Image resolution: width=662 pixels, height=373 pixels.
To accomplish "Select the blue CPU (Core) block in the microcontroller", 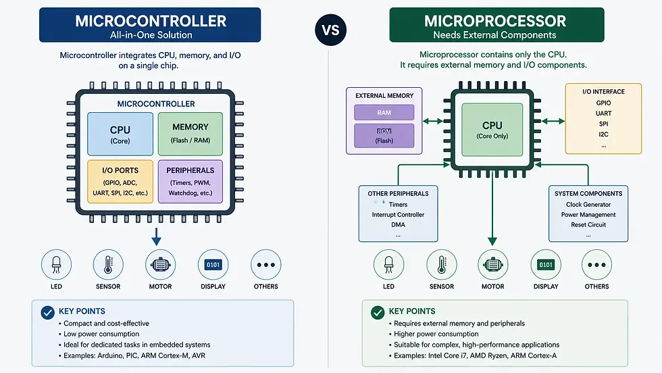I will (x=120, y=134).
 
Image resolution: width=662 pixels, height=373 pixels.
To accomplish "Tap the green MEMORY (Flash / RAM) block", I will (x=190, y=134).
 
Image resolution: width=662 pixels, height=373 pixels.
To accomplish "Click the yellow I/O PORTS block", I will (x=120, y=181).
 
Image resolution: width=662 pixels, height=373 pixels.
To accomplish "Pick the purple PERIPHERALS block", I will (x=190, y=181).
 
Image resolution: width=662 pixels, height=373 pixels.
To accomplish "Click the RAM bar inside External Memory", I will (x=384, y=113).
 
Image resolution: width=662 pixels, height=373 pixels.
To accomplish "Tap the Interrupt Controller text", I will (x=398, y=215).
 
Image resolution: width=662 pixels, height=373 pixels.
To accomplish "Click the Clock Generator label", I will (x=588, y=205).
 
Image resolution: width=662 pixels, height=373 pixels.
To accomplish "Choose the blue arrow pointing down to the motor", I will (x=156, y=237).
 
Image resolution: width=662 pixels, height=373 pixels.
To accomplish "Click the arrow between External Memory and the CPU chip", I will (x=436, y=122).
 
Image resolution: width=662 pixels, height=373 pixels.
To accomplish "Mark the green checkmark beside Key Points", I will (x=377, y=312).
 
